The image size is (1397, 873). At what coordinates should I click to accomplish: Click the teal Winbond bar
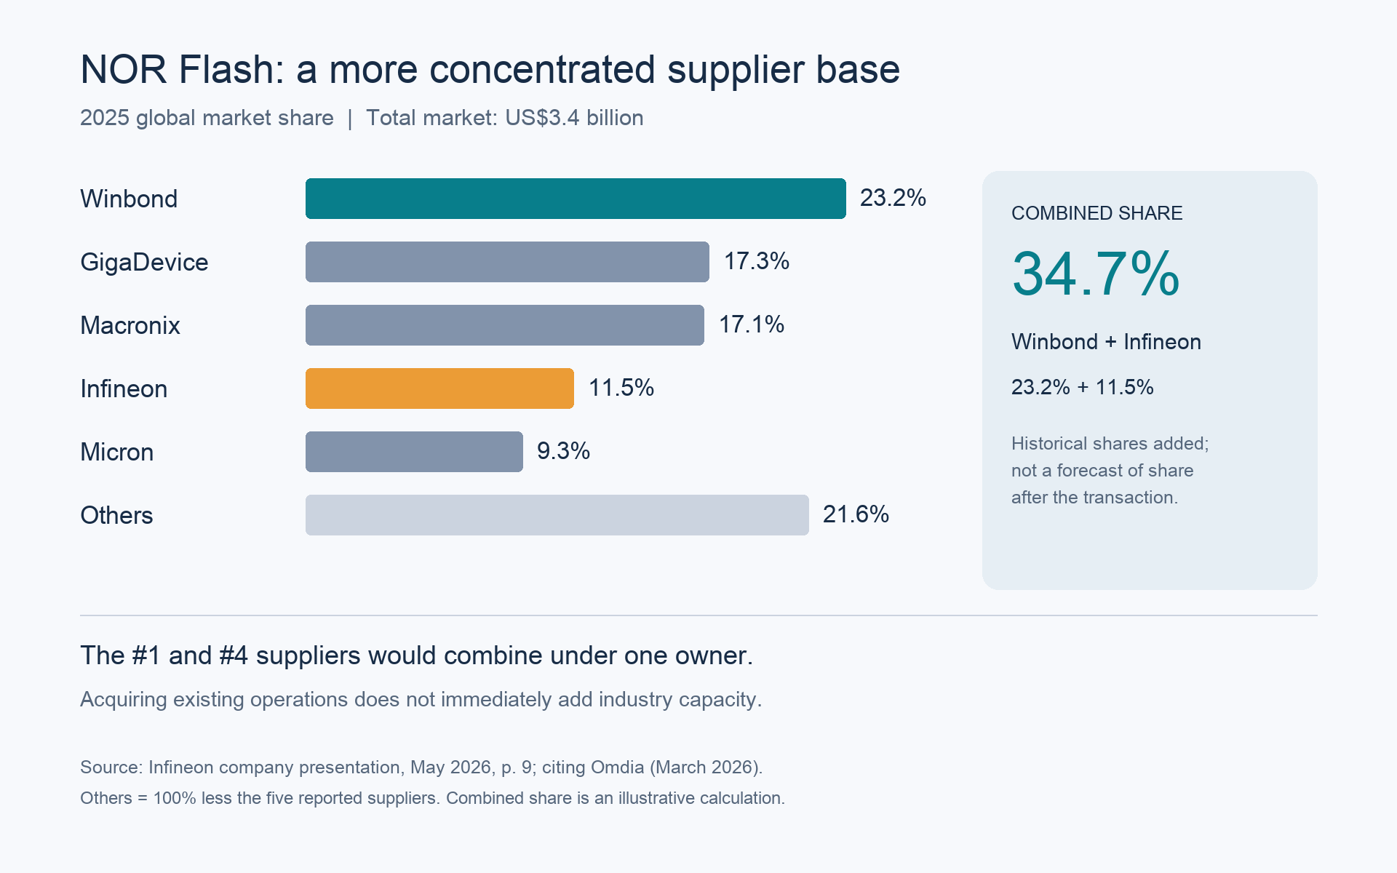click(x=576, y=199)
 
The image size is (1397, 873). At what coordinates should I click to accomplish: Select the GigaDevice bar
click(x=507, y=262)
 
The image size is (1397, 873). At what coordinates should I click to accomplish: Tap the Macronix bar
click(x=505, y=325)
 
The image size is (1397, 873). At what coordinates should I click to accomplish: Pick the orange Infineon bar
click(x=439, y=388)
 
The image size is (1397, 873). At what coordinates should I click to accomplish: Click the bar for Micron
click(x=414, y=452)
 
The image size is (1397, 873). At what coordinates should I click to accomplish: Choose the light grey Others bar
click(x=557, y=515)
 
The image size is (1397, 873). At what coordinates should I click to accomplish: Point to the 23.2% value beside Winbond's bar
click(x=893, y=198)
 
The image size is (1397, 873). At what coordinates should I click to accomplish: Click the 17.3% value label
click(x=757, y=261)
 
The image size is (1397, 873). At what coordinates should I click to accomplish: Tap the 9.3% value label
click(x=563, y=451)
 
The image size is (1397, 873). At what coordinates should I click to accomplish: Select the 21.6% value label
click(x=856, y=514)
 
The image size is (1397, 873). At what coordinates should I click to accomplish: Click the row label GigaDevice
click(x=144, y=262)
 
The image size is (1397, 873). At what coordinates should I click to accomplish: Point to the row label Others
click(x=116, y=515)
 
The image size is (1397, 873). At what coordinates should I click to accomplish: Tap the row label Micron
click(x=116, y=452)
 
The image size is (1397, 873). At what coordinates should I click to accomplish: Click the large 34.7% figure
click(x=1096, y=274)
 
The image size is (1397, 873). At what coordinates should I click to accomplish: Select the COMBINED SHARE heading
click(x=1097, y=213)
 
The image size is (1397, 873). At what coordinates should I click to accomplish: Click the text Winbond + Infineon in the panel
click(x=1106, y=342)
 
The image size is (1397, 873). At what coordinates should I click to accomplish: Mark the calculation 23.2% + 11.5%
click(x=1083, y=387)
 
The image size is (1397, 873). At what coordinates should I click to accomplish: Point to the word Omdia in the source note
click(x=618, y=768)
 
